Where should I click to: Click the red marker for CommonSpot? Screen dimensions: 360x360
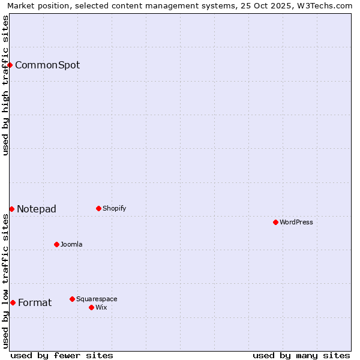pos(10,65)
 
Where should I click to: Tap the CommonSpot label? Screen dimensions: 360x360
pos(47,65)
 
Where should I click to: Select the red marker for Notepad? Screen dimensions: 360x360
pos(11,209)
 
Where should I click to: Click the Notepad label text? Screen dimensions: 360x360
pos(36,209)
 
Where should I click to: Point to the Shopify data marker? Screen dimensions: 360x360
pos(98,208)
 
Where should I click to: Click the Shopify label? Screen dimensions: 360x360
pos(114,209)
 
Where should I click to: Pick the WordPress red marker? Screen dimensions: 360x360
pos(275,222)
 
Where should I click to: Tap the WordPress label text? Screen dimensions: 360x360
pos(296,223)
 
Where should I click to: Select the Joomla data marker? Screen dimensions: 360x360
pos(56,244)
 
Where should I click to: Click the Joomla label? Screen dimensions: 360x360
pos(71,245)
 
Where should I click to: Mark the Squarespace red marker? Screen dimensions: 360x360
pos(72,299)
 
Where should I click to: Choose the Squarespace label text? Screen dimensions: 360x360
pos(97,299)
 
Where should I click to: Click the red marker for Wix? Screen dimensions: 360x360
pos(91,307)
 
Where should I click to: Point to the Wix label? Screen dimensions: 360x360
pos(101,308)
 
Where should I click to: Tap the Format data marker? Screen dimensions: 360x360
pos(13,302)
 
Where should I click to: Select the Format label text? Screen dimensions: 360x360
pos(35,303)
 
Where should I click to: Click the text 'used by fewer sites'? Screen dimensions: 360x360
pos(62,355)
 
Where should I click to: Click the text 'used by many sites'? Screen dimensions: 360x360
pos(301,355)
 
